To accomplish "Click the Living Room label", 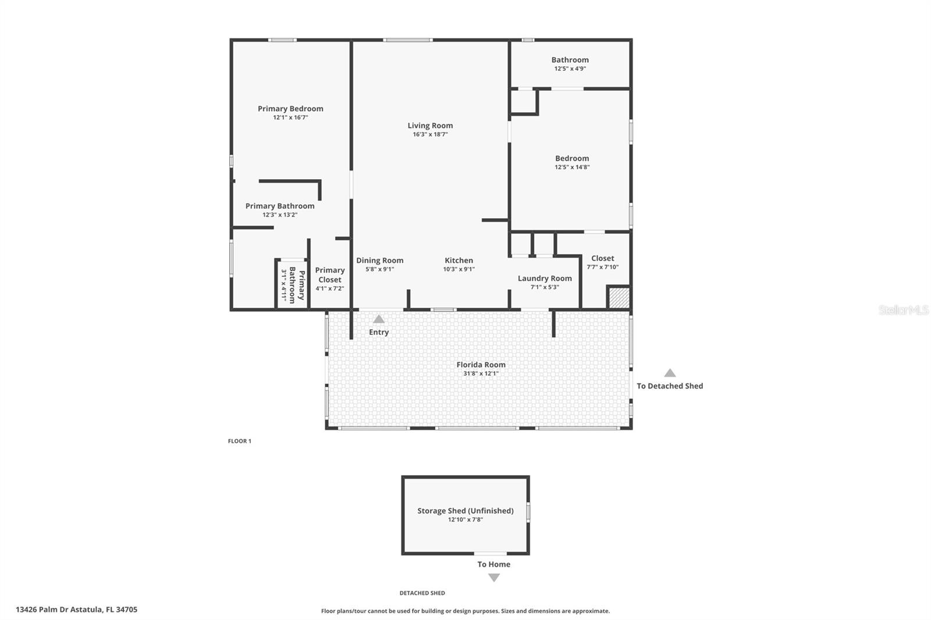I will [430, 126].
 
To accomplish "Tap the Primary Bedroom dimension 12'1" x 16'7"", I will [290, 117].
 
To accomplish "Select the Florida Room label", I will [481, 365].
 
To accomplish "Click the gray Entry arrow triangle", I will [379, 319].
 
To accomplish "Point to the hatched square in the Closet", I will [619, 298].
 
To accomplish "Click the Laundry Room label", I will [545, 279].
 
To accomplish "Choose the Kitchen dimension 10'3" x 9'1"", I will [459, 269].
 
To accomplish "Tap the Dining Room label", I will [380, 261].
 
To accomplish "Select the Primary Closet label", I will [330, 275].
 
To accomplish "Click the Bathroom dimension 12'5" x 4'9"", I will [570, 69].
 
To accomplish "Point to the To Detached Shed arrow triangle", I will [670, 373].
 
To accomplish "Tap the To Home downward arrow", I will [494, 578].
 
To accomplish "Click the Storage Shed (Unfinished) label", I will [465, 511].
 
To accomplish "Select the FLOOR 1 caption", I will [240, 441].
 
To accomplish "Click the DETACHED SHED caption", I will [422, 593].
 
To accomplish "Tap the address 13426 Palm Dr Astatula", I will [77, 610].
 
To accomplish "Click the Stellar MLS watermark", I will [903, 310].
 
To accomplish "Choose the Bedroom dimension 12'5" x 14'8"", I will [572, 168].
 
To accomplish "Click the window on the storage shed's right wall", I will [528, 512].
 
